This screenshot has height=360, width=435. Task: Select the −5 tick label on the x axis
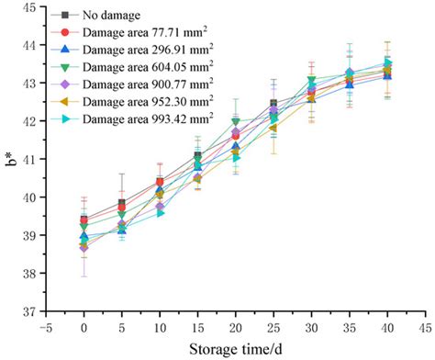(43, 326)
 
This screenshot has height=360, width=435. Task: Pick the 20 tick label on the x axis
(235, 326)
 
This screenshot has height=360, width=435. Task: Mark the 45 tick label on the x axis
(425, 326)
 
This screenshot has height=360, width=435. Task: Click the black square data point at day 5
(121, 203)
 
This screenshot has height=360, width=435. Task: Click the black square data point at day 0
(84, 219)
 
